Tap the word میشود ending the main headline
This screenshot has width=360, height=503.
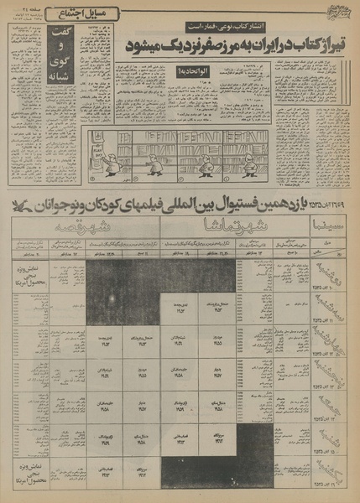tap(138, 44)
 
